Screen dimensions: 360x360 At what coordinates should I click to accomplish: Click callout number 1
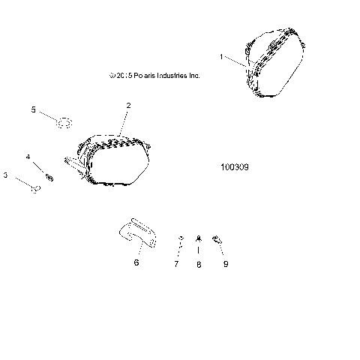point(221,56)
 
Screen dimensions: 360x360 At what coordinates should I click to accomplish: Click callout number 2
point(128,106)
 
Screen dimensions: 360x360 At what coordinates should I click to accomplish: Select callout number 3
point(6,175)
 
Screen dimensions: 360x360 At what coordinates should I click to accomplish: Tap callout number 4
point(28,157)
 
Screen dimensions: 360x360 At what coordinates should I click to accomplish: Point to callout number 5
point(33,109)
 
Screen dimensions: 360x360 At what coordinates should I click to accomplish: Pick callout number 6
point(136,263)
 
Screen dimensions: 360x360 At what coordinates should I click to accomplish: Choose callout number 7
point(177,264)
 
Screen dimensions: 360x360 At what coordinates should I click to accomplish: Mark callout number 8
point(199,264)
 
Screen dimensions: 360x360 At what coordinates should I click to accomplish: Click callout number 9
point(224,264)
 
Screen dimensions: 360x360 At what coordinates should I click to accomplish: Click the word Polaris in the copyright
point(141,76)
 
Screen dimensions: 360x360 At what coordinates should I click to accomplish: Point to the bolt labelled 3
point(34,187)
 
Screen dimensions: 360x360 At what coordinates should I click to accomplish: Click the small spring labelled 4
point(49,177)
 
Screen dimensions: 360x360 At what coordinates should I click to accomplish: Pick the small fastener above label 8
point(199,238)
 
